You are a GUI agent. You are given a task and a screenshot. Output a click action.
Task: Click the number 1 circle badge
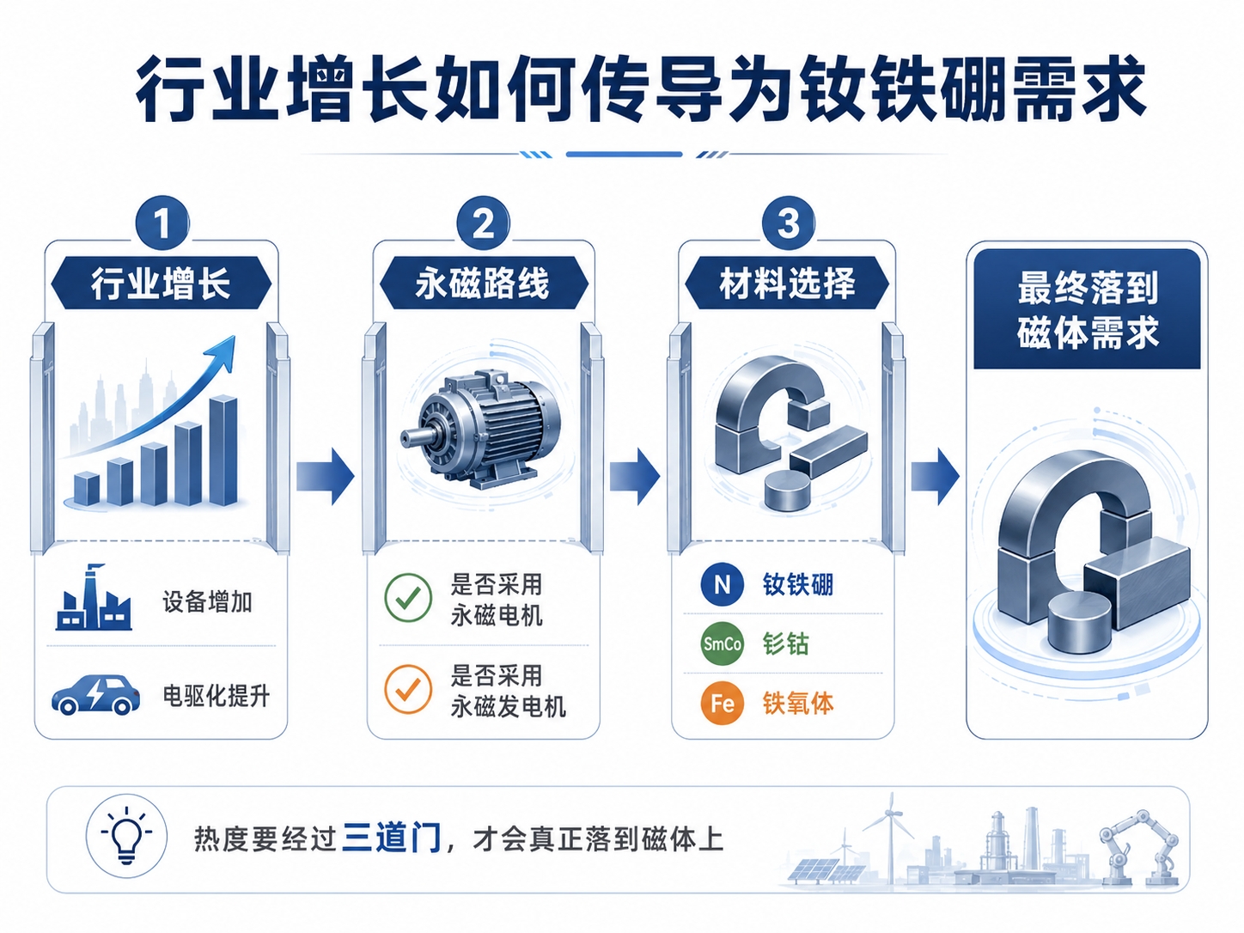162,223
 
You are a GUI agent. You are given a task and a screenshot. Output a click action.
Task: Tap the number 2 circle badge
483,223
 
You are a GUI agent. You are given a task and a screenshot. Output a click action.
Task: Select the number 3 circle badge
789,223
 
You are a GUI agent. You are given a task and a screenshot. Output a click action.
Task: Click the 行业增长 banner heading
161,283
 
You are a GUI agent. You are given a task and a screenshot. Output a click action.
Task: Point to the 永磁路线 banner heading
484,283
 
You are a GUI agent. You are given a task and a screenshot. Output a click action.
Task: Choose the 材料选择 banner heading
787,283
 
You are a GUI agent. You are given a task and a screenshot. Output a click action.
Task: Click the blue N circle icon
722,584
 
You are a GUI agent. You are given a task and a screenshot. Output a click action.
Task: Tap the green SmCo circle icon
722,643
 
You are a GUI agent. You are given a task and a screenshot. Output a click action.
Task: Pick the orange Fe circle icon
722,704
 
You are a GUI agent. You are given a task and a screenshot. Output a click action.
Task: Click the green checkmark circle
408,598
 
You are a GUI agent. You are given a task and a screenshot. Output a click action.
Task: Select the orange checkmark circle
408,689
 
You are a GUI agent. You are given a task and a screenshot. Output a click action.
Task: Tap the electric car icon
95,693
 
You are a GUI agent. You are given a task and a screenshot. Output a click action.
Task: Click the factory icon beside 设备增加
95,598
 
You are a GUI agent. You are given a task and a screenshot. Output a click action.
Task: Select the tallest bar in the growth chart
223,450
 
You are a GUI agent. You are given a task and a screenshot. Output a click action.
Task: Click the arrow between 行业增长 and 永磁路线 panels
326,476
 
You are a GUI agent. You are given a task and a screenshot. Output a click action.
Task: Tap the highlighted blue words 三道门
392,838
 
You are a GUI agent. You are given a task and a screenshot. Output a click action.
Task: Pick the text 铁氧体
798,704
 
